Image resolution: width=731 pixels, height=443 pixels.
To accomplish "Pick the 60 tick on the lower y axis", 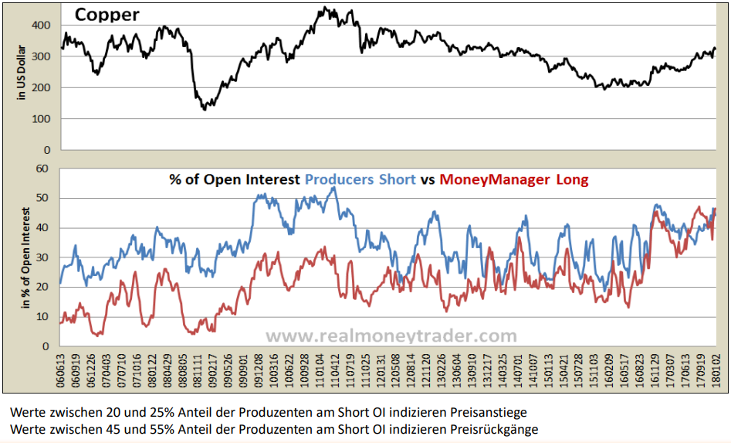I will coord(44,169).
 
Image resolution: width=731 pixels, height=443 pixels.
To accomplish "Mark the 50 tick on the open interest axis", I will coord(44,198).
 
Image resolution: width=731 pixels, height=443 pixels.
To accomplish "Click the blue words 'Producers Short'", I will coord(360,180).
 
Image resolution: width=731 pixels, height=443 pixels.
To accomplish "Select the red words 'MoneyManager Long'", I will coord(513,180).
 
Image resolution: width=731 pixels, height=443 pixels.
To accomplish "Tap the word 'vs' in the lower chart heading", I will coord(428,180).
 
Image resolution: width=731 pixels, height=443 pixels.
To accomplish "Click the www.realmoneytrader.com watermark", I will coord(391,336).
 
